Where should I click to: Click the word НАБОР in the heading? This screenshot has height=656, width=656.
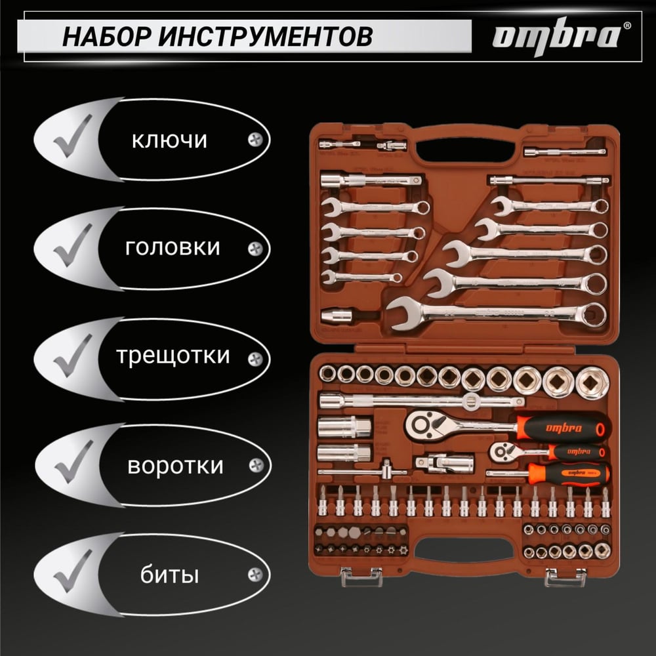tap(107, 36)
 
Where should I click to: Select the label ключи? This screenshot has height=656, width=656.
tap(169, 140)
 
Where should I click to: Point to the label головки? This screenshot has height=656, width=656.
tap(173, 248)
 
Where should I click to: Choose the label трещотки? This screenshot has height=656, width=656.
tap(173, 356)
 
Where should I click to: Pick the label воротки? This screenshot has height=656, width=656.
tap(175, 466)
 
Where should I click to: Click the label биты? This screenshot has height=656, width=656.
tap(169, 575)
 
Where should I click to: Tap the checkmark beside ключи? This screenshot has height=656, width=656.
tap(73, 136)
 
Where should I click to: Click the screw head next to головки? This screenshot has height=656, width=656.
tap(255, 249)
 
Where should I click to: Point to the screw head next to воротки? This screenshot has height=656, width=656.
tap(256, 465)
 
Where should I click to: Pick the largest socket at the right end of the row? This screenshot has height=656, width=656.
tap(592, 382)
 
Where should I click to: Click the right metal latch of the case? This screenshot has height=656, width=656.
tap(565, 577)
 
